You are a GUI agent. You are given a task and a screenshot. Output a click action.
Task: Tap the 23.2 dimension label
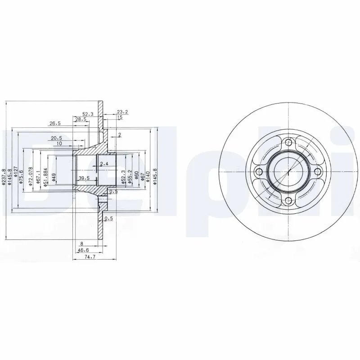(122, 112)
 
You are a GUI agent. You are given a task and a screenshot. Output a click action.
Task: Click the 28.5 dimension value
(81, 119)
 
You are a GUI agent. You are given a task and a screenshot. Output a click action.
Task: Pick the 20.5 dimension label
(56, 138)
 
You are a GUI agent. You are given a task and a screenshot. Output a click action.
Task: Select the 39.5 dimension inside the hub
(84, 178)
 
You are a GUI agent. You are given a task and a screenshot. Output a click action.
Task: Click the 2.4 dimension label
(104, 163)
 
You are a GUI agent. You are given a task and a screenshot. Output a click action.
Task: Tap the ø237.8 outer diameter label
(4, 177)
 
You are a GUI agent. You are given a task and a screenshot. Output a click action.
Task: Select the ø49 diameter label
(54, 177)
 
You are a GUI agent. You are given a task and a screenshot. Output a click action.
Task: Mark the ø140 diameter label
(149, 175)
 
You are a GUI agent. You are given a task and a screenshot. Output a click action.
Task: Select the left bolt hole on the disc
(259, 171)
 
